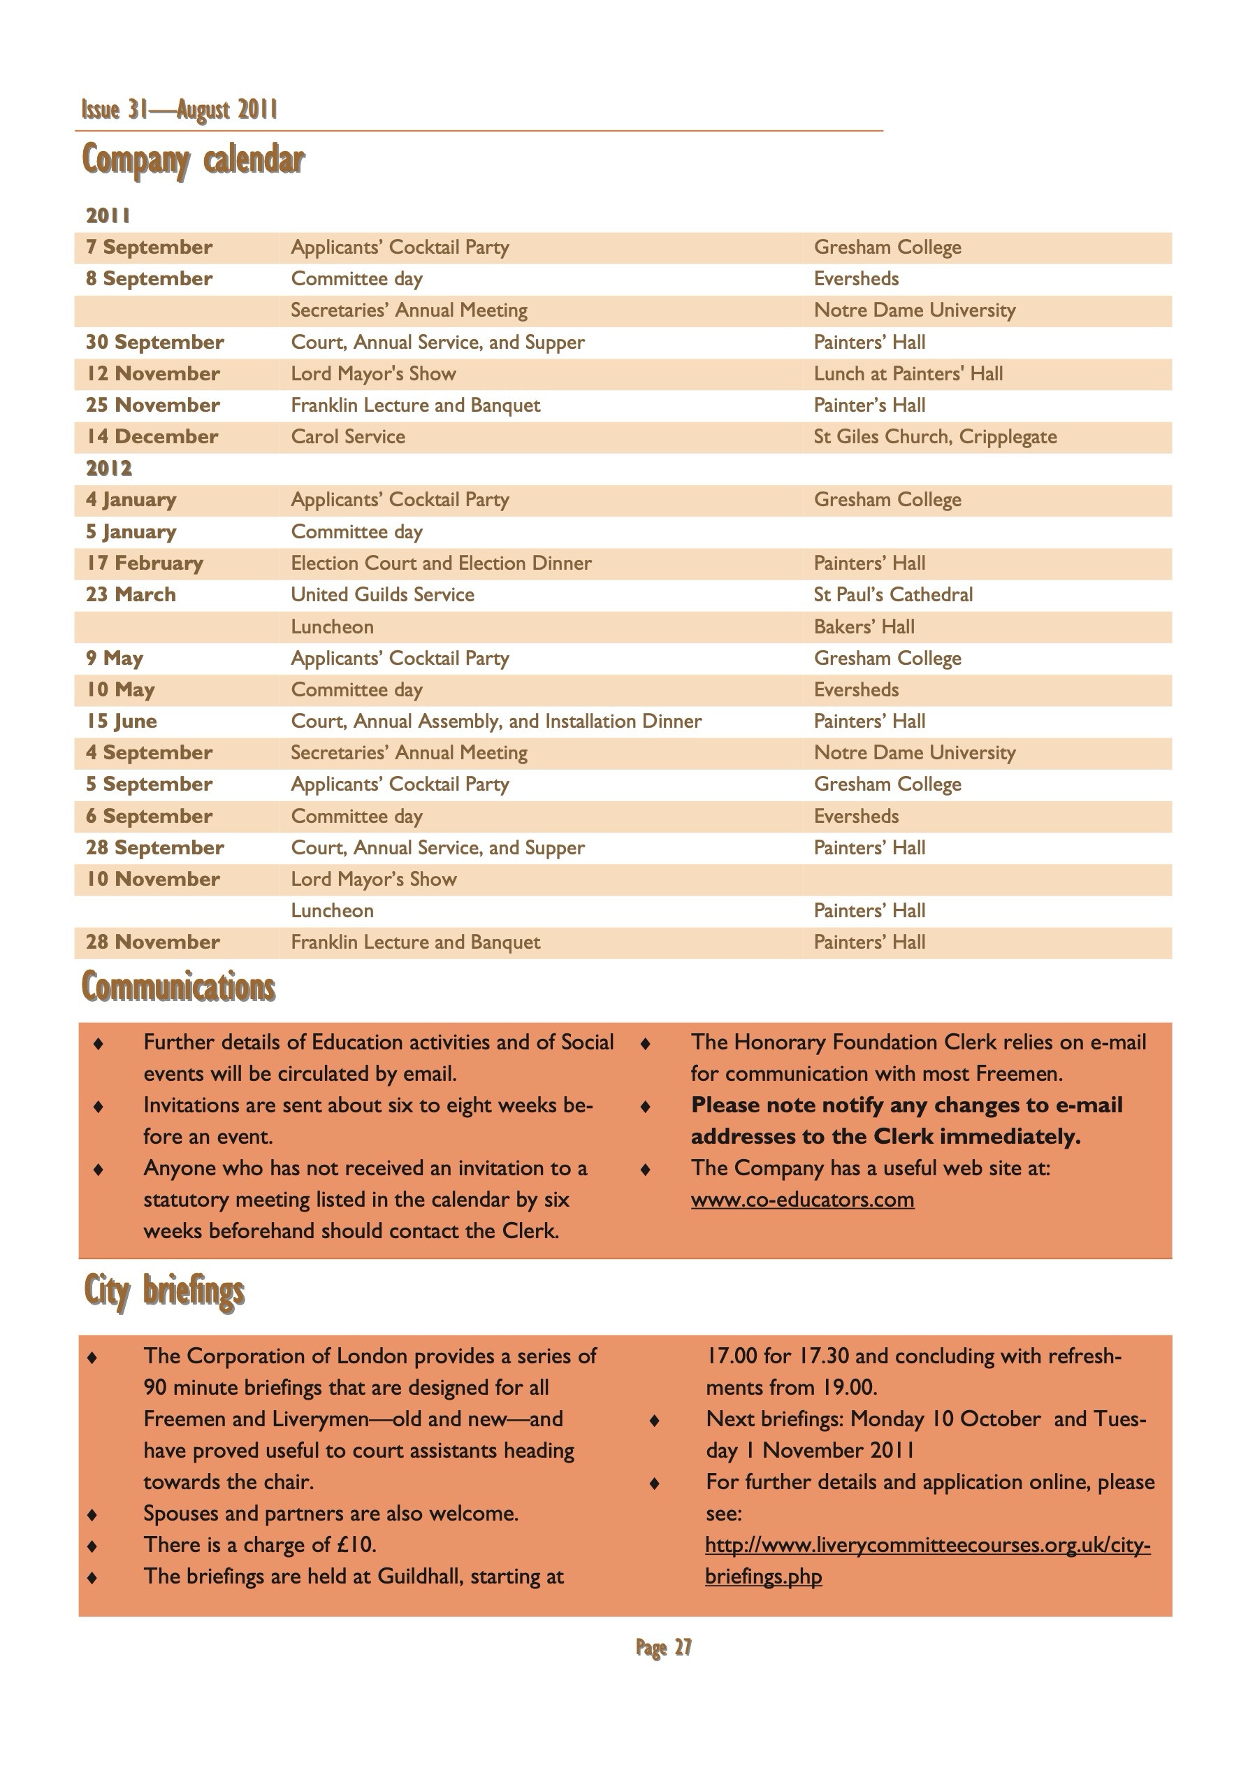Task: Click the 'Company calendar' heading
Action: coord(193,160)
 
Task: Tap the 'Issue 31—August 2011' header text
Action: coord(179,110)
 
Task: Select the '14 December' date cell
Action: coord(152,437)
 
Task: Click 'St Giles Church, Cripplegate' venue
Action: coord(935,437)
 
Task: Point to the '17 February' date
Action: coord(145,563)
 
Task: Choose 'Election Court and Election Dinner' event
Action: coord(441,563)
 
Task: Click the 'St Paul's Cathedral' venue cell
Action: coord(893,594)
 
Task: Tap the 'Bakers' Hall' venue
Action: coord(864,627)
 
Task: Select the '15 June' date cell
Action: coord(122,722)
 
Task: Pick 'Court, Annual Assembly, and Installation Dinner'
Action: coord(496,722)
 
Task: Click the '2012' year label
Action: coord(108,468)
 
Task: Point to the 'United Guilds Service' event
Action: coord(382,594)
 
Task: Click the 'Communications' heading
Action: coord(178,988)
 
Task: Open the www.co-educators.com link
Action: coord(802,1200)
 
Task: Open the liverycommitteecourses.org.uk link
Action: coord(927,1545)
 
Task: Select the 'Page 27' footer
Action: coord(664,1648)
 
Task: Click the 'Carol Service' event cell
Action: coord(347,437)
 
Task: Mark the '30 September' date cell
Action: coord(154,343)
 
